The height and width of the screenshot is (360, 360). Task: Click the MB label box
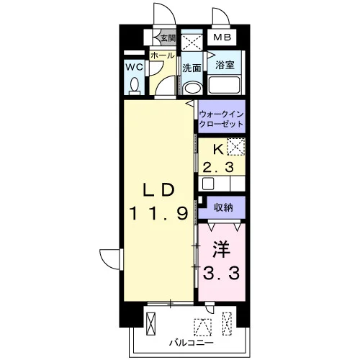(222, 37)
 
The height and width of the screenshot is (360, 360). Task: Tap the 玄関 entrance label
(168, 38)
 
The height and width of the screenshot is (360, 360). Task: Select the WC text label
(135, 67)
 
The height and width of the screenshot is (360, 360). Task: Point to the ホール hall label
(163, 55)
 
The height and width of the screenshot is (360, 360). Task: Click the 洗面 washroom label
(192, 68)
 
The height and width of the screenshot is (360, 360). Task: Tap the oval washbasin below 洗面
(192, 88)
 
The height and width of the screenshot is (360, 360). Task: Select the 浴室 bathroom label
(225, 65)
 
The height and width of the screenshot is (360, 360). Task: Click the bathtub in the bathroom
(224, 85)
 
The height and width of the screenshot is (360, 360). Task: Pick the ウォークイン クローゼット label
(221, 119)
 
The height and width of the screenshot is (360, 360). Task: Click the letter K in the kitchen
(218, 150)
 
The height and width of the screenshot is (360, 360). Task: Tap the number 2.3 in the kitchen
(218, 167)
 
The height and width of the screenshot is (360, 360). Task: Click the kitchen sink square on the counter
(208, 184)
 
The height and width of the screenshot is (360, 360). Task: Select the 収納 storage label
(223, 207)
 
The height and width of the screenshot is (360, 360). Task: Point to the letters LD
(158, 191)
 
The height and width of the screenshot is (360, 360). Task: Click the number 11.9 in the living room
(158, 214)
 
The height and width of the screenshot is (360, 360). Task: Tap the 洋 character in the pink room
(221, 250)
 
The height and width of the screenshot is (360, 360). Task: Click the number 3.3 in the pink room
(221, 274)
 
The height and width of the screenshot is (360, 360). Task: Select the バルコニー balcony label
(192, 343)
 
